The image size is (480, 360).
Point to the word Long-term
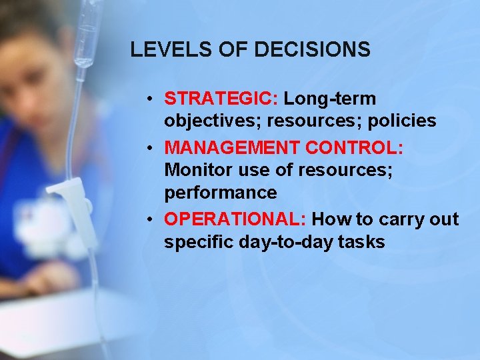(330, 99)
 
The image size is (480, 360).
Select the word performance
(221, 193)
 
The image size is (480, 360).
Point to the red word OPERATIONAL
(235, 219)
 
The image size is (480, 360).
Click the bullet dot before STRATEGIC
(152, 99)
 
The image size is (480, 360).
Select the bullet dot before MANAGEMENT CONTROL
(152, 147)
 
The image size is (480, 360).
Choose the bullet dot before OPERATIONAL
(152, 219)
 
